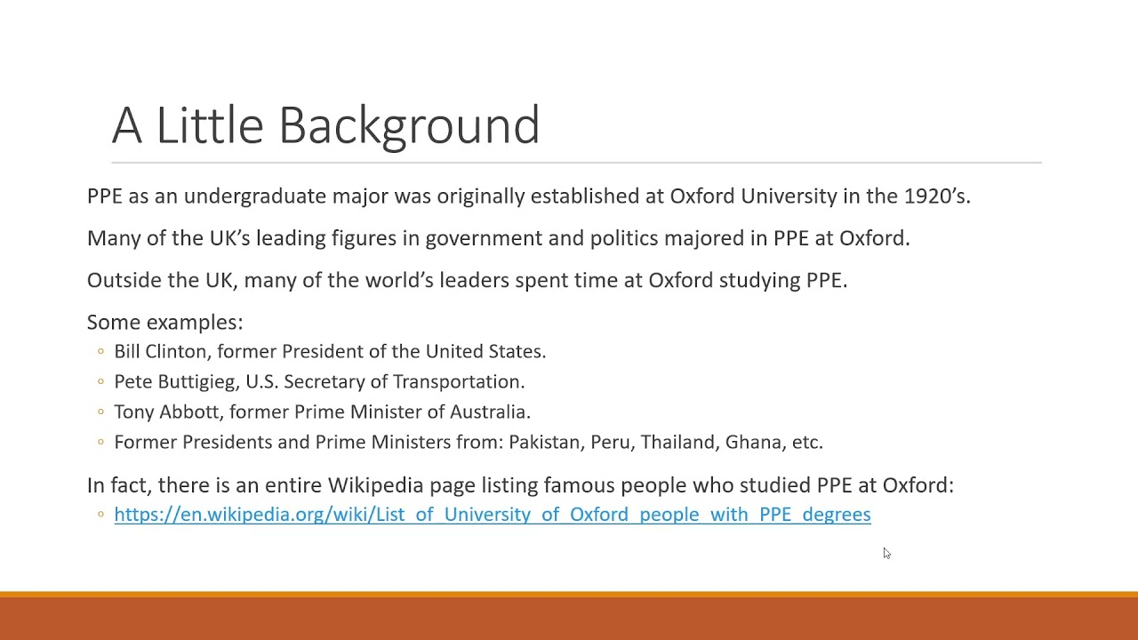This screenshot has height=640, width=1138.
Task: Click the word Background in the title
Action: coord(409,125)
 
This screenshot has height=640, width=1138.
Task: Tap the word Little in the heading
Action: coord(209,125)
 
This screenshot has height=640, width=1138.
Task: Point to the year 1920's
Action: coord(936,196)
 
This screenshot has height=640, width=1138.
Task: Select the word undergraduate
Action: coord(255,196)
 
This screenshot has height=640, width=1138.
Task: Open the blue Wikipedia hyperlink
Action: coord(492,515)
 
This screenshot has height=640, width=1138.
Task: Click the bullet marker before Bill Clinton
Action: coord(100,352)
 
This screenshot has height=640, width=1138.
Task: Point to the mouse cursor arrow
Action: coord(886,553)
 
